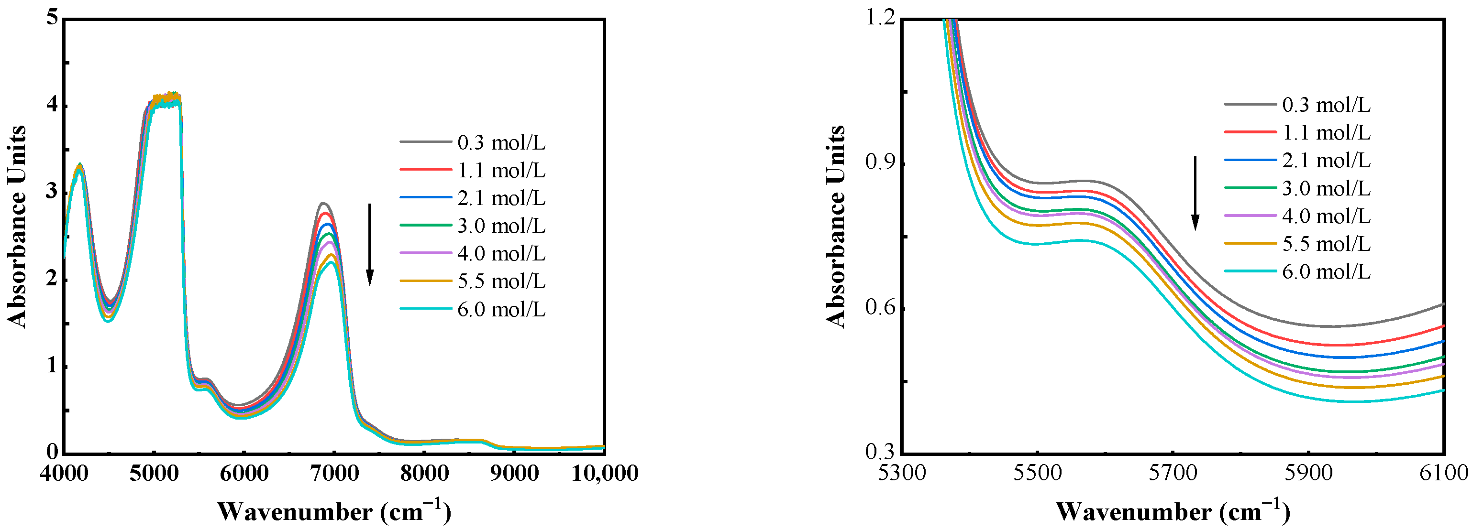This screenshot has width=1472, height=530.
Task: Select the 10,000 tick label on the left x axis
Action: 605,474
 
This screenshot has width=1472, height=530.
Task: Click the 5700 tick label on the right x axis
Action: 1173,474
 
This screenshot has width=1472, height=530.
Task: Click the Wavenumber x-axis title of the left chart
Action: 334,511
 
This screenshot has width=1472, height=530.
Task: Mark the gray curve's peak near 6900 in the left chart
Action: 323,203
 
